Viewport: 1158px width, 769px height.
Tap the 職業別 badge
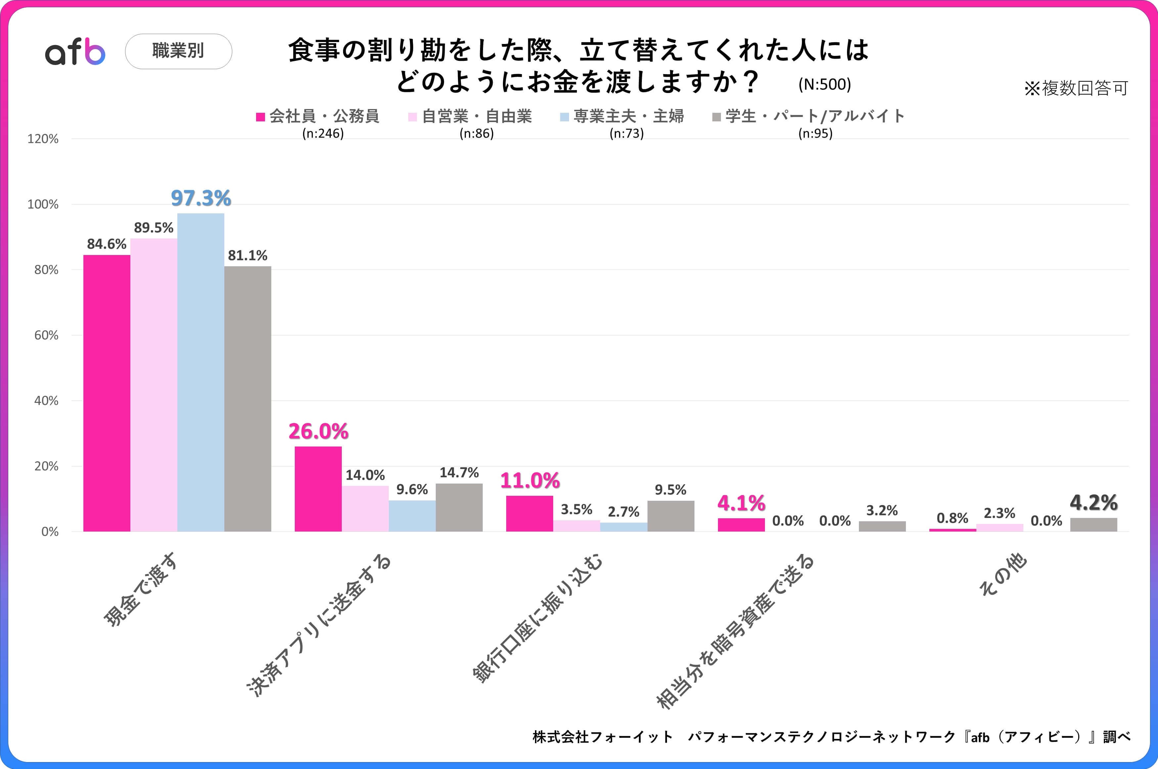pos(179,51)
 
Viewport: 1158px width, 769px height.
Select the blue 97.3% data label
pos(200,198)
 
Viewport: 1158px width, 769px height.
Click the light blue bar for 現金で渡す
pos(200,373)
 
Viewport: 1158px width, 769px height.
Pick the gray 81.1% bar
pos(248,399)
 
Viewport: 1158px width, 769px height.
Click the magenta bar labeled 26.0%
pos(318,489)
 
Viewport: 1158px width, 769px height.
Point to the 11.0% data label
pos(530,481)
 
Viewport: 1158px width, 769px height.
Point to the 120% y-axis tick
pos(43,139)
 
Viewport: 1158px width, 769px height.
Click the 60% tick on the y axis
pos(46,335)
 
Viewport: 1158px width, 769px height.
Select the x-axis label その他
pos(1003,575)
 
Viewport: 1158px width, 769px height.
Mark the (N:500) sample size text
pos(824,84)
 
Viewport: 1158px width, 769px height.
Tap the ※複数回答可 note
pos(1076,88)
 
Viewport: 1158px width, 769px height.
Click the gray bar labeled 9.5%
pos(670,516)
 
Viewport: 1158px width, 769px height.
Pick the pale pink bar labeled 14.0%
pos(365,509)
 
